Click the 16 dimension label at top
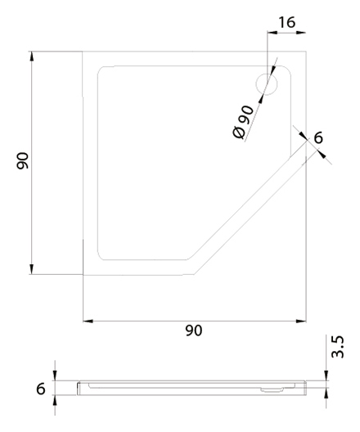286,22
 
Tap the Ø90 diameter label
243,122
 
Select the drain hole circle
267,84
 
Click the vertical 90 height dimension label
23,160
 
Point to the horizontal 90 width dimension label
194,331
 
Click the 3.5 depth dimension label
338,347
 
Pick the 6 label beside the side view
40,389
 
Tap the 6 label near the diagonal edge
318,137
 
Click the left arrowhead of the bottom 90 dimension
88,321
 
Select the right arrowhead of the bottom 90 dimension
301,321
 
